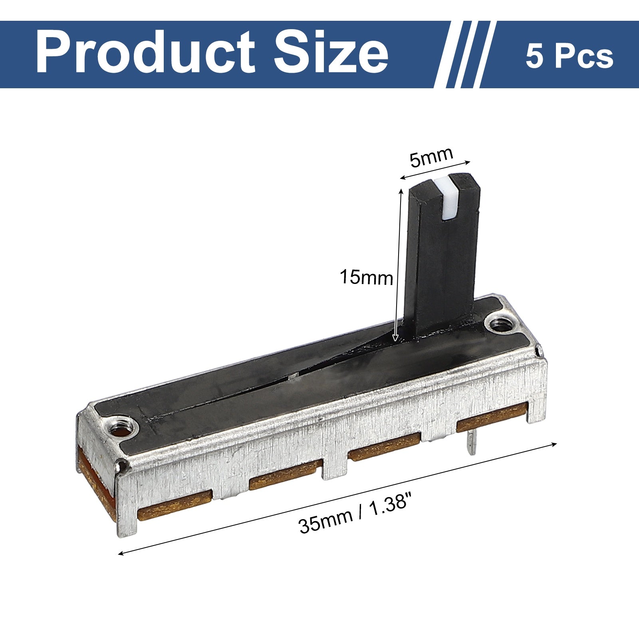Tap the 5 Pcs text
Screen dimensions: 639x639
pyautogui.click(x=570, y=56)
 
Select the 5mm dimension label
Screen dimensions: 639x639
pyautogui.click(x=431, y=157)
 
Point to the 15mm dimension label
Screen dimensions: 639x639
pyautogui.click(x=366, y=277)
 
